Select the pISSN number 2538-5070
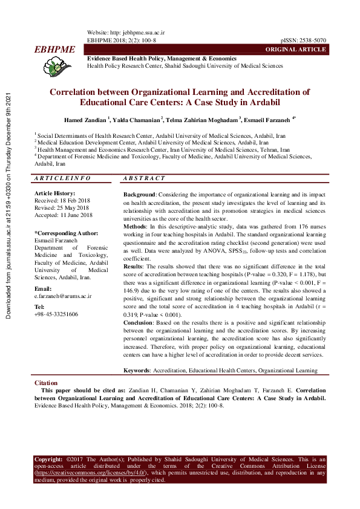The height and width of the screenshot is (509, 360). click(x=313, y=40)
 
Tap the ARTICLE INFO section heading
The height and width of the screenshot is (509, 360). click(x=62, y=179)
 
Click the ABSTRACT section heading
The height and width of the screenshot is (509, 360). click(x=143, y=179)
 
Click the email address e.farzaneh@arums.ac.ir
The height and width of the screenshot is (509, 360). click(x=63, y=296)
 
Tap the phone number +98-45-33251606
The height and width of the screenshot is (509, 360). click(x=56, y=314)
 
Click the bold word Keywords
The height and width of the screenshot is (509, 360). click(x=137, y=370)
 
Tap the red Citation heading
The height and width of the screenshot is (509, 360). click(x=46, y=383)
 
